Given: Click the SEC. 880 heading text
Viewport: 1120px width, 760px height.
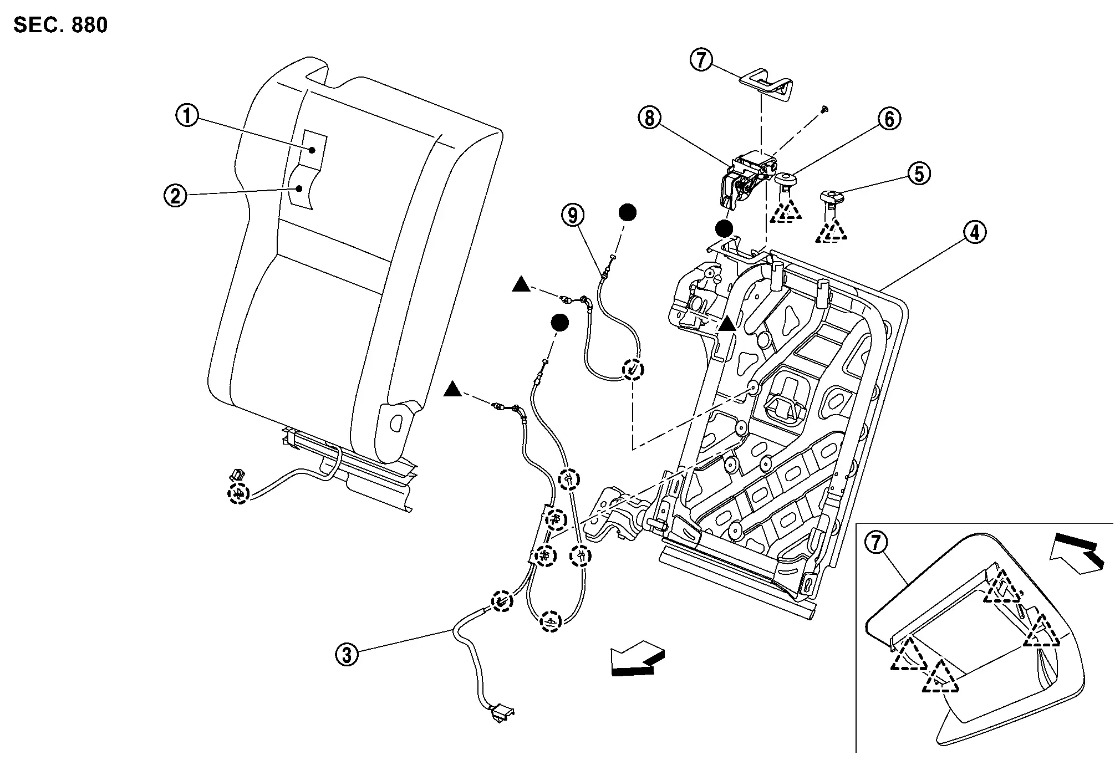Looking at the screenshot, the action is click(60, 25).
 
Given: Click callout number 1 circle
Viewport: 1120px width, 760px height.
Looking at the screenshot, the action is click(187, 116).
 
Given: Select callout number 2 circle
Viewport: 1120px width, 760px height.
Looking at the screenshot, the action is click(175, 196).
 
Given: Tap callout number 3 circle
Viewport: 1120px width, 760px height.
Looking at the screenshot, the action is click(347, 656).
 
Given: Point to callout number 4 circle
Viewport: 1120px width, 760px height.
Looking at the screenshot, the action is click(975, 232).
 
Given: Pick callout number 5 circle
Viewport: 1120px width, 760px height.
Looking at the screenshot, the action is click(919, 174).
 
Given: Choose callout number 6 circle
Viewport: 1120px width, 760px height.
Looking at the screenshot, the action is click(889, 119).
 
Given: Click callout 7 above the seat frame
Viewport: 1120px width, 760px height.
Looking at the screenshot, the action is click(701, 60).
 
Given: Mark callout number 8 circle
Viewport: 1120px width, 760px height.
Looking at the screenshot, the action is click(649, 118).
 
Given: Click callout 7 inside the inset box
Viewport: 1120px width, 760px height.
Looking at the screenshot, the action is click(877, 543).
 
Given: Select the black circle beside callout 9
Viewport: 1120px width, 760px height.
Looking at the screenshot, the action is click(627, 212).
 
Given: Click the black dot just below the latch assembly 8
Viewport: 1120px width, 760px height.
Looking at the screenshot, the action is click(724, 228).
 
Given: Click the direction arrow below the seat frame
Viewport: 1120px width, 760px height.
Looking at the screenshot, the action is click(637, 658).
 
